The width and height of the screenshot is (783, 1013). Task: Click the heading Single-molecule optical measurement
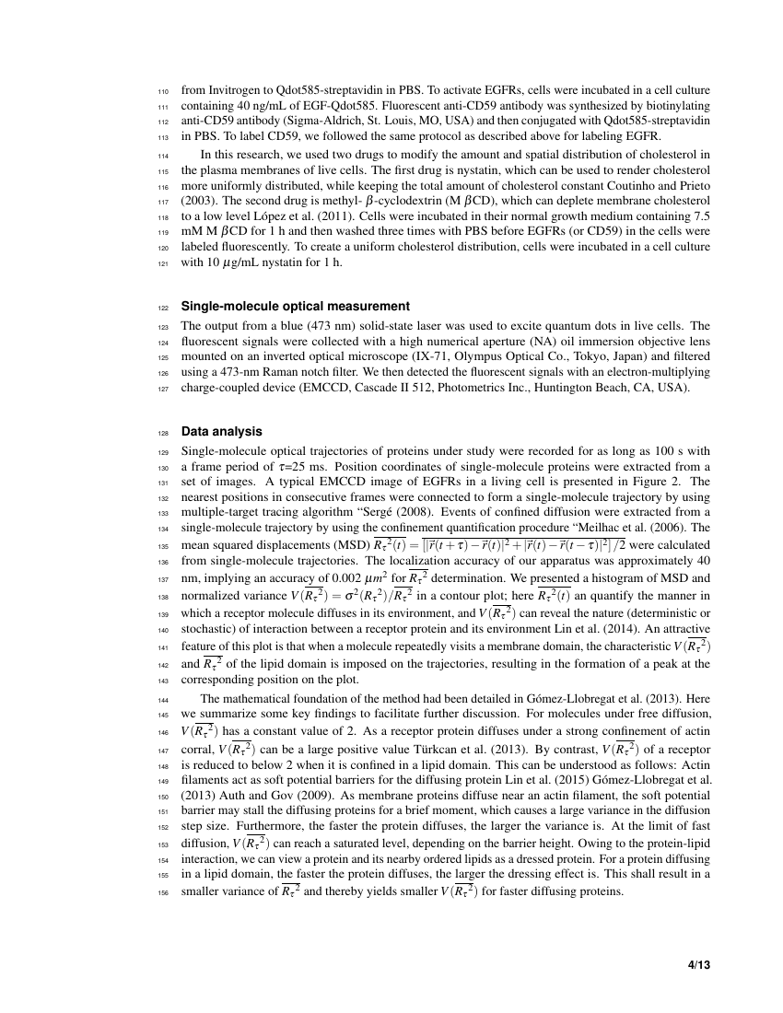click(x=295, y=306)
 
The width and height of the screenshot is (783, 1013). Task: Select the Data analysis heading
click(x=221, y=431)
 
